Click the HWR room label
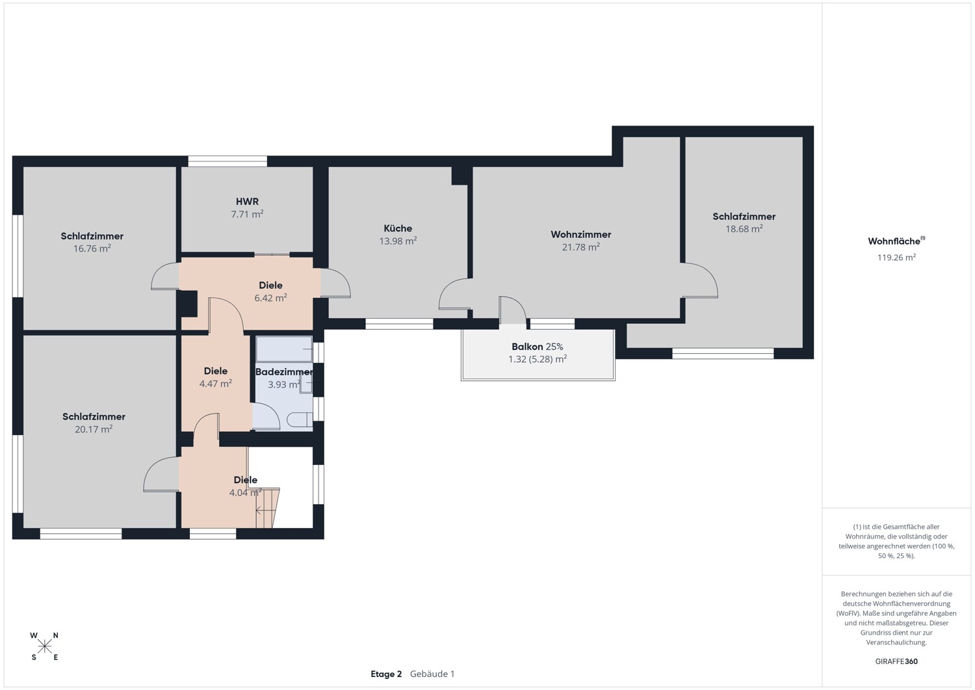247,202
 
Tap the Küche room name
398,228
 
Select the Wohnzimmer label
580,234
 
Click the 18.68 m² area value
744,229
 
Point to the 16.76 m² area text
92,248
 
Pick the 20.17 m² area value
94,429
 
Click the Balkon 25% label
537,347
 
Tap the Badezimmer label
284,372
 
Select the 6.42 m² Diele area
270,298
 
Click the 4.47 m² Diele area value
215,384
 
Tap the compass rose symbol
44,646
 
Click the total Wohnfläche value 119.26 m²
896,258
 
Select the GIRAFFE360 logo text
896,661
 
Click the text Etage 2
386,674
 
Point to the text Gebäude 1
432,674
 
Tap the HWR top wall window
227,161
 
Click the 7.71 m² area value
247,215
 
